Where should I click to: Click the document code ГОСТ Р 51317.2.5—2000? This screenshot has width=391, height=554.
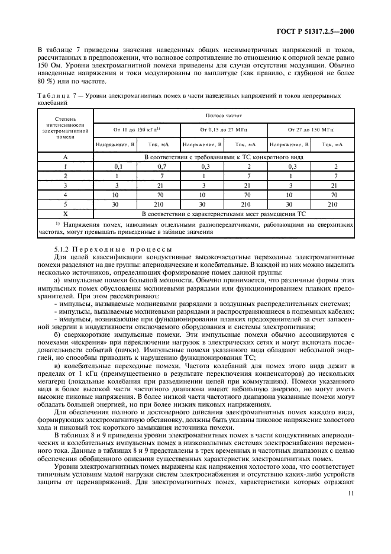click(x=319, y=31)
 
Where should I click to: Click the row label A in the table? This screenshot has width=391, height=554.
click(x=65, y=158)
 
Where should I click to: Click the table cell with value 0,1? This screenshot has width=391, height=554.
click(x=116, y=167)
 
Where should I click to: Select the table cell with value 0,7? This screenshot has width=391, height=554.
click(x=159, y=167)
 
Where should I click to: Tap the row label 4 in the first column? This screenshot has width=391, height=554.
click(x=65, y=194)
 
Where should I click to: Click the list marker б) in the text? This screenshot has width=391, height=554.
click(x=57, y=334)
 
